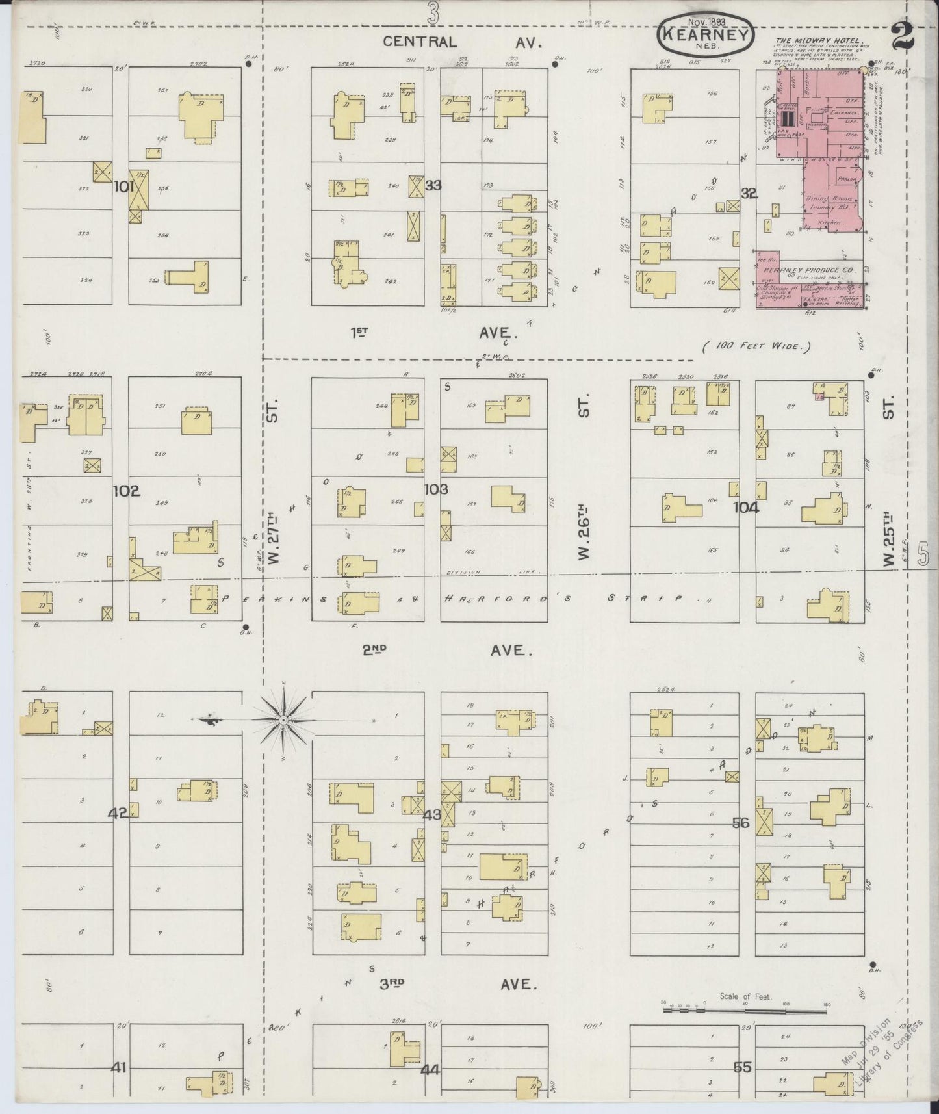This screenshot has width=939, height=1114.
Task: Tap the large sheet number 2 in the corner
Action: (903, 36)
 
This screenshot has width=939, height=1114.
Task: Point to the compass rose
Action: (283, 720)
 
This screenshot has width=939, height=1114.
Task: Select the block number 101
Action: (124, 187)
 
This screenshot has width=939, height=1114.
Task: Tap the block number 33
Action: (433, 186)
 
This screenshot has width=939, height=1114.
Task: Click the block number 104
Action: (746, 508)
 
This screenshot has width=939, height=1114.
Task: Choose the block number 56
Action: (741, 823)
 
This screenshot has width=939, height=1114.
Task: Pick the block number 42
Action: (118, 812)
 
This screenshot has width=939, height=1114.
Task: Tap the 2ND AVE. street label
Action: (448, 651)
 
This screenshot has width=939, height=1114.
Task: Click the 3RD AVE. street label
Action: (459, 985)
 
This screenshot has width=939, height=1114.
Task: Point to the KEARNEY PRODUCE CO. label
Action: (809, 270)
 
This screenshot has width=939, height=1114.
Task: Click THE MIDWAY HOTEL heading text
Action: (819, 40)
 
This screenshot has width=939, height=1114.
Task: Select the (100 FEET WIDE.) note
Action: (757, 346)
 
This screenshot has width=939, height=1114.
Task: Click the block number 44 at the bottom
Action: (430, 1069)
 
